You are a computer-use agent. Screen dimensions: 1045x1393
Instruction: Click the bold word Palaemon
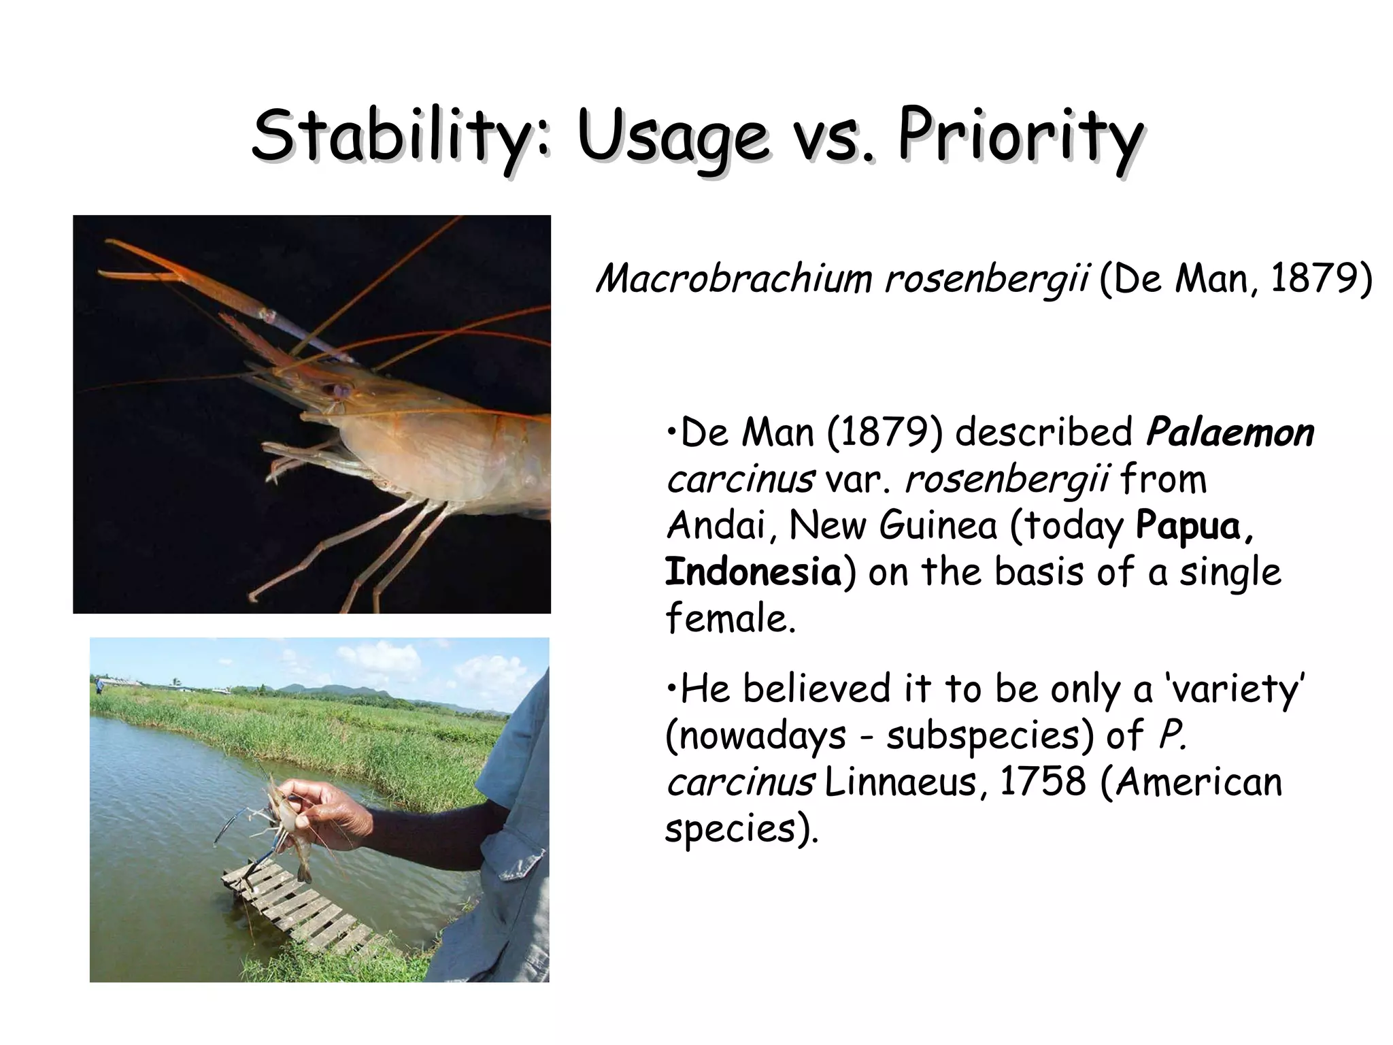point(1230,433)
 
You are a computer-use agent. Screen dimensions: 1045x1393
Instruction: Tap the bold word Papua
point(1194,525)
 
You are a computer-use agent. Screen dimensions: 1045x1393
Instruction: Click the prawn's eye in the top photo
point(338,390)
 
